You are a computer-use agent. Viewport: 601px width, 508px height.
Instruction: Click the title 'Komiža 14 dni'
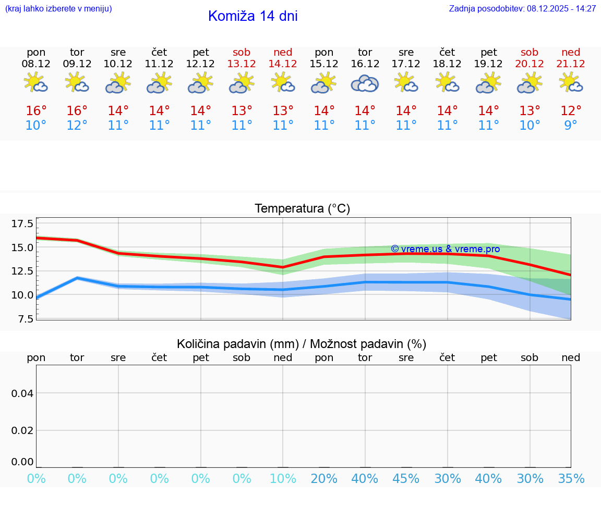tap(253, 16)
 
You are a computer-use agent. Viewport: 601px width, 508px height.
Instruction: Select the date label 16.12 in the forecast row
tap(365, 64)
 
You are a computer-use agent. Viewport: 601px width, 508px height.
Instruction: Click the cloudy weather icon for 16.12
tap(365, 83)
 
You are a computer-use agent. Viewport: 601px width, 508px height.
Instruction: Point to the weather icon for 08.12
tap(36, 83)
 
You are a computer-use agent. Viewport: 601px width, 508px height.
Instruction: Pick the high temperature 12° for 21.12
tap(571, 111)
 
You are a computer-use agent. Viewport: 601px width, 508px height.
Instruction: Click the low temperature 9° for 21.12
tap(571, 126)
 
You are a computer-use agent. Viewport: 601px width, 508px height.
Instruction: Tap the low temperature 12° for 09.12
tap(77, 126)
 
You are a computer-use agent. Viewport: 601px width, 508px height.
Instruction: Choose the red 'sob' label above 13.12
tap(242, 52)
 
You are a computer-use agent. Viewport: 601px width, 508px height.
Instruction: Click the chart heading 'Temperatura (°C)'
tap(302, 209)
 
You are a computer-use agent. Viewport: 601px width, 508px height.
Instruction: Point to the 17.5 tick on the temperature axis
tap(22, 224)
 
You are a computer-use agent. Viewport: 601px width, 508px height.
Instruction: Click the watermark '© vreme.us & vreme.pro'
tap(446, 249)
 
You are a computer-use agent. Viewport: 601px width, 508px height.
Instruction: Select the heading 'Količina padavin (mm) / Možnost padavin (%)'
tap(302, 344)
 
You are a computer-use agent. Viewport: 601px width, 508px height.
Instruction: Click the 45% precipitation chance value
tap(406, 478)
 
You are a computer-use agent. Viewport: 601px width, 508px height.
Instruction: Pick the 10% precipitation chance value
tap(283, 478)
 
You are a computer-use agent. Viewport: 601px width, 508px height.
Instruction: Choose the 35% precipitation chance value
tap(571, 478)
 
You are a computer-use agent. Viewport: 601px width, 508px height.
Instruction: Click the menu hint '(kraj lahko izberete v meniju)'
tap(58, 9)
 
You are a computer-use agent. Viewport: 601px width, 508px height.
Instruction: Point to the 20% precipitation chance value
tap(324, 478)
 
